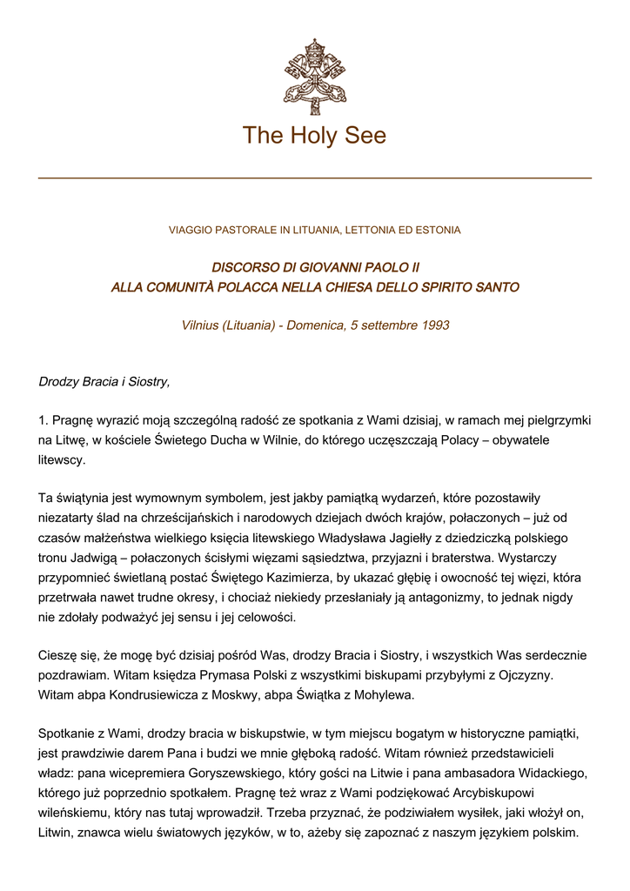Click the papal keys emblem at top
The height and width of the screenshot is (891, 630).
pyautogui.click(x=314, y=77)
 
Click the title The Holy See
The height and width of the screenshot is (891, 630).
pyautogui.click(x=314, y=136)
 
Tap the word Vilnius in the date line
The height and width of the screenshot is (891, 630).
pyautogui.click(x=200, y=325)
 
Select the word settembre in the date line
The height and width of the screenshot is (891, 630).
pyautogui.click(x=385, y=325)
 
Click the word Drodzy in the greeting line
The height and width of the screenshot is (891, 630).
pyautogui.click(x=58, y=382)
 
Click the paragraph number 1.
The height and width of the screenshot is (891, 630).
pyautogui.click(x=43, y=421)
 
